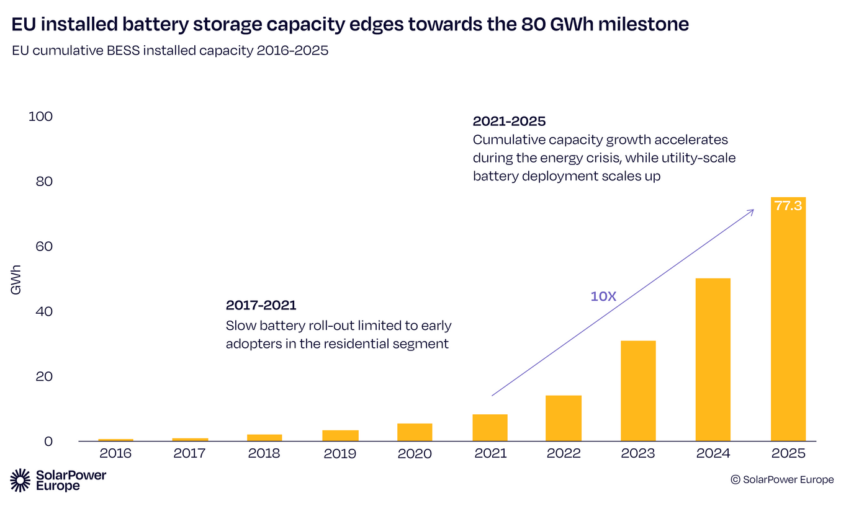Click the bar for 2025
tap(788, 322)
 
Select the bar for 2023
tap(638, 391)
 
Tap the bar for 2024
tap(713, 360)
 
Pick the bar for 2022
tap(564, 418)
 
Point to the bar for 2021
tap(490, 427)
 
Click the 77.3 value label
tap(788, 206)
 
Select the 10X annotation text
tap(603, 296)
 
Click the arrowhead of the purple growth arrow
tap(752, 211)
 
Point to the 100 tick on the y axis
tap(40, 117)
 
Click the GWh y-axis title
tap(16, 279)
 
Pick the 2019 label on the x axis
tap(340, 453)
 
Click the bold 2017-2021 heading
tap(261, 305)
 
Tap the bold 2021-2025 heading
tap(509, 121)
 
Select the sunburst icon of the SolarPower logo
tap(20, 481)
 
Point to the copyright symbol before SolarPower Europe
tap(735, 479)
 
